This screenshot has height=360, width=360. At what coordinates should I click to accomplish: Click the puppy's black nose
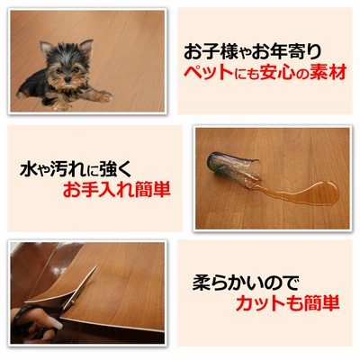click(67, 79)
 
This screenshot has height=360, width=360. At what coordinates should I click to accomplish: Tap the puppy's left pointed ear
click(46, 48)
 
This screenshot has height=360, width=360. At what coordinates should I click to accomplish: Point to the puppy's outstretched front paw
click(103, 95)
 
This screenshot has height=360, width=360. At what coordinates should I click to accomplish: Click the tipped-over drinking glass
click(234, 169)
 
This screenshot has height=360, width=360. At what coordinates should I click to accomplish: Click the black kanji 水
click(28, 170)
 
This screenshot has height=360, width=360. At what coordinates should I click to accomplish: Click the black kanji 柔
click(201, 283)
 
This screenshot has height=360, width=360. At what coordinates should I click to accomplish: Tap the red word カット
click(259, 303)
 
